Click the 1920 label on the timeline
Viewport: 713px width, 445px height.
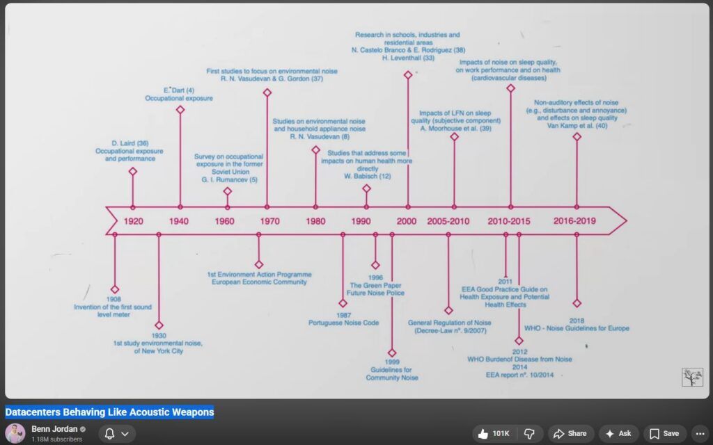[133, 221]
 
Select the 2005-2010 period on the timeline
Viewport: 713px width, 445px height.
[448, 221]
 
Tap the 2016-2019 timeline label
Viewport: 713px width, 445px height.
[574, 220]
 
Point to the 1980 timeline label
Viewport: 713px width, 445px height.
[315, 221]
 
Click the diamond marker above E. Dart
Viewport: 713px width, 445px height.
[180, 109]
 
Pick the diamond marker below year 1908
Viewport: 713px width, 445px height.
[115, 289]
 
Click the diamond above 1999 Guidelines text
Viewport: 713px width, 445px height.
[392, 353]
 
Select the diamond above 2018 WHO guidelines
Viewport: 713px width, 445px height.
[577, 303]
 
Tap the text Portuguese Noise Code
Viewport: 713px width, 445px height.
[343, 323]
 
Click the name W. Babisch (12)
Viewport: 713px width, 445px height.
[368, 176]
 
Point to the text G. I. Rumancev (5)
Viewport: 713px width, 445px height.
[229, 180]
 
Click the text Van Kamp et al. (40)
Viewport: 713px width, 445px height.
[577, 126]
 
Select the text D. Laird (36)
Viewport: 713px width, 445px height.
[130, 143]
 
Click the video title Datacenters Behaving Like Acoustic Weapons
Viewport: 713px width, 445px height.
[109, 412]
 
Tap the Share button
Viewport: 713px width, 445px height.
[571, 434]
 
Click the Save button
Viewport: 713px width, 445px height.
[664, 434]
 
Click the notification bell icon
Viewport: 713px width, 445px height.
[109, 434]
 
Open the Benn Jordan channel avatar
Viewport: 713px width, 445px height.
[15, 434]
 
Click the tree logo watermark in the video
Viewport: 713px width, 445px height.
[692, 378]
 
